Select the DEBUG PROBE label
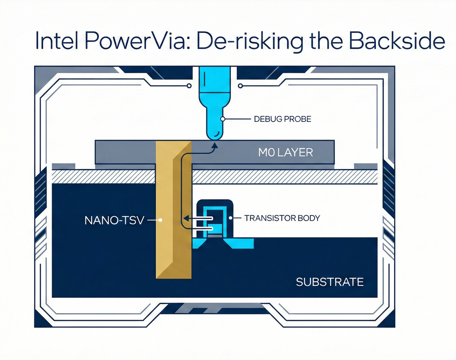pyautogui.click(x=283, y=119)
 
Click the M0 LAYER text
pyautogui.click(x=285, y=152)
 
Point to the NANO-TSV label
pyautogui.click(x=114, y=220)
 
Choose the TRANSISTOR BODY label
pyautogui.click(x=282, y=218)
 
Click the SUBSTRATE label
pyautogui.click(x=330, y=282)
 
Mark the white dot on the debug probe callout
pyautogui.click(x=223, y=119)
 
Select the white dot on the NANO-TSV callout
pyautogui.click(x=160, y=220)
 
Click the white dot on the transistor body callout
pyautogui.click(x=231, y=218)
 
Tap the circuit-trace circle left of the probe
pyautogui.click(x=189, y=86)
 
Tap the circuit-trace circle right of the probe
pyautogui.click(x=240, y=86)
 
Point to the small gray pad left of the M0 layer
pyautogui.click(x=64, y=166)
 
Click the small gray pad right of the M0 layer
pyautogui.click(x=366, y=166)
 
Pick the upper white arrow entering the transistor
pyautogui.click(x=200, y=219)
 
